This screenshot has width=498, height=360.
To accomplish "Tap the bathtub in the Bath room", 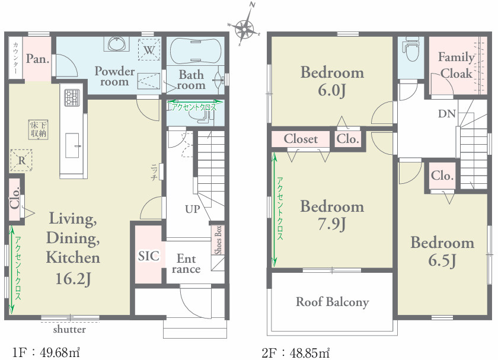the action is [x=195, y=50].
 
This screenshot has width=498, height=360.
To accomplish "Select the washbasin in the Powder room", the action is [x=117, y=44].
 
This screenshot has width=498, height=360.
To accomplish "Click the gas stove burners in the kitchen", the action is [x=72, y=97].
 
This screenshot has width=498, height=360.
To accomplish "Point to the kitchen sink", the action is [x=72, y=145].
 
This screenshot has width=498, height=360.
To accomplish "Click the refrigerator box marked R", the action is [x=21, y=160].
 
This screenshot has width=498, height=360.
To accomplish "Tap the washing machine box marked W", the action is [x=149, y=50].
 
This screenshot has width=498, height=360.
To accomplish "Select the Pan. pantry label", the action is [x=37, y=59].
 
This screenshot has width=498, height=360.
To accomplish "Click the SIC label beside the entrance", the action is [x=149, y=256].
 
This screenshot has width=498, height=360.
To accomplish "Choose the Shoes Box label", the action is [x=218, y=240].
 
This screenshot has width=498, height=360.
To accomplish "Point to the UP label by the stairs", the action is [x=193, y=209].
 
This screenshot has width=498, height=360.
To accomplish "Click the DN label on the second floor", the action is [x=447, y=113].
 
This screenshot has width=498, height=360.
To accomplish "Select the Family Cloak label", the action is [x=456, y=65].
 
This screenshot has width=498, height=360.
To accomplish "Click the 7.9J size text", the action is [x=331, y=224].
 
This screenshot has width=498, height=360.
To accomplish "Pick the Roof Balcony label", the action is [x=332, y=302].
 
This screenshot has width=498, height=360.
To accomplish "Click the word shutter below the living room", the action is [x=69, y=329].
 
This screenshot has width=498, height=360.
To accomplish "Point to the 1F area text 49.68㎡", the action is [x=60, y=352].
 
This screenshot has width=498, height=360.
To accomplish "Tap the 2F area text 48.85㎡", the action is [x=309, y=352].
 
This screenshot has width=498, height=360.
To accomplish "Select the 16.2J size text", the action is [x=73, y=278].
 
